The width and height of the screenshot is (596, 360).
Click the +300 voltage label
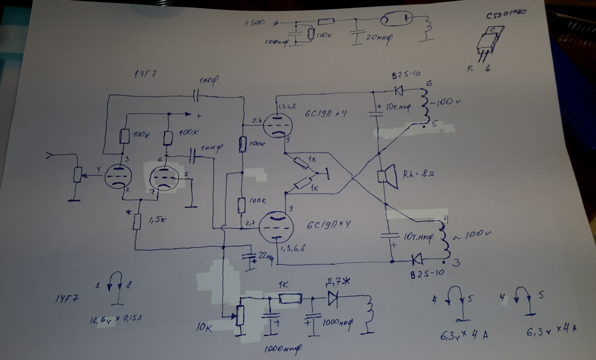254,24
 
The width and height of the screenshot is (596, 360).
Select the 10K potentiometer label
206,328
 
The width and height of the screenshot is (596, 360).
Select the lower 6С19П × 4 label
328,226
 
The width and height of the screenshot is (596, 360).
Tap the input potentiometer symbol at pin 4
77,174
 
